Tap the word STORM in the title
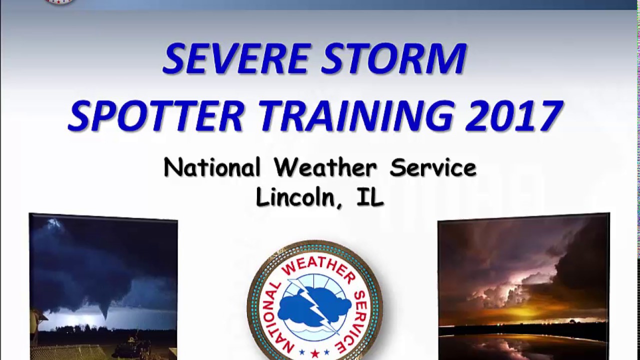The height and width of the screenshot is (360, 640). (x=394, y=59)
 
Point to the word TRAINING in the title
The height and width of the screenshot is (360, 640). (x=356, y=116)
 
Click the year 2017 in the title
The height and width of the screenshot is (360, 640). (x=515, y=116)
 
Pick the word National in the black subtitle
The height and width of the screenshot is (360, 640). (x=212, y=168)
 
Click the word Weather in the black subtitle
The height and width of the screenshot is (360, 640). (x=325, y=168)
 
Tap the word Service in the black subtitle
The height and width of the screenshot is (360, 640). (x=433, y=168)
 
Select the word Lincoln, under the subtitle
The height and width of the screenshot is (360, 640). (x=295, y=197)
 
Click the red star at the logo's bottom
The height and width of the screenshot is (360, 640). (x=314, y=353)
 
